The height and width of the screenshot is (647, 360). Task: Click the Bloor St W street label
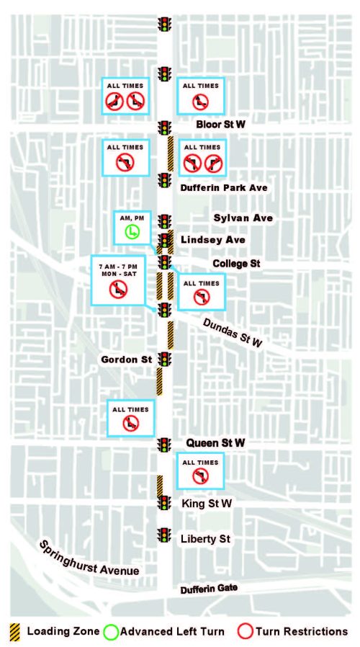point(220,125)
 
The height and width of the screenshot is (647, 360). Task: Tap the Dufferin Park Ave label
point(223,187)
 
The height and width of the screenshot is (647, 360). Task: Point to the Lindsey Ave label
point(213,239)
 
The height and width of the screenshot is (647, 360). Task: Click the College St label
point(235,264)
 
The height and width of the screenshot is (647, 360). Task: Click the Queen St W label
point(216,442)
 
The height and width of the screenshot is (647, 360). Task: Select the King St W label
point(209,503)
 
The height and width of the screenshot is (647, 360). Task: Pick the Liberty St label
point(207,538)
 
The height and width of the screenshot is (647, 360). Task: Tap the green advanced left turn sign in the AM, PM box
point(132,231)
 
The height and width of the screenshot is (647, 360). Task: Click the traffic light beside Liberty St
point(165,535)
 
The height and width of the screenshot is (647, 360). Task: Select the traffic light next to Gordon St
point(165,360)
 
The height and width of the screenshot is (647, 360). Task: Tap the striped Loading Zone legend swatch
point(15,632)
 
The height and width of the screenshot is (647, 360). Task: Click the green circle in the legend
point(110,632)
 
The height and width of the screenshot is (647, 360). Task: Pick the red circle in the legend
point(245,632)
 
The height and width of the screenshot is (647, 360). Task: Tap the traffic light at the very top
point(165,23)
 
